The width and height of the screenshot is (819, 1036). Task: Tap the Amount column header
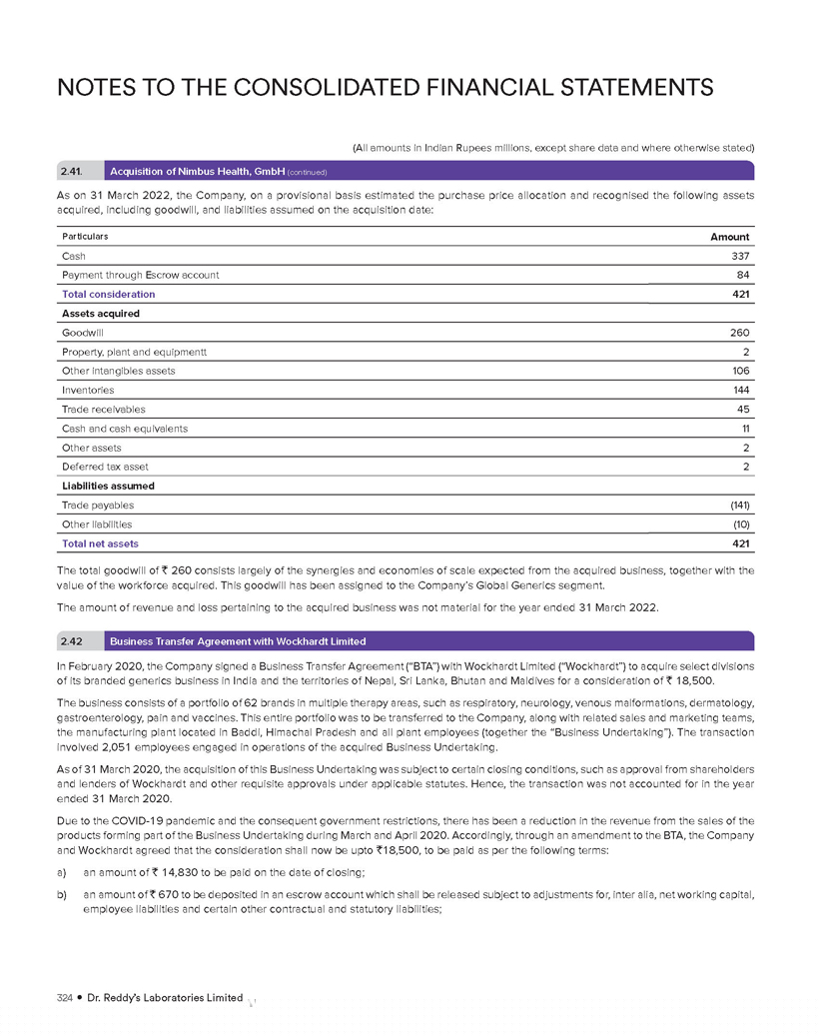point(730,237)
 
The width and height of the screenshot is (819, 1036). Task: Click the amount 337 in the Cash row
point(740,256)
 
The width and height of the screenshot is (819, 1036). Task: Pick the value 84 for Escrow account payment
point(743,275)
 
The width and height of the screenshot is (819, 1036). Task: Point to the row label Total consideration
point(108,295)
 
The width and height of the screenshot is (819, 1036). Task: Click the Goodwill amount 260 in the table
point(739,333)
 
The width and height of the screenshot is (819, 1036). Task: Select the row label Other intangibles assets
point(118,371)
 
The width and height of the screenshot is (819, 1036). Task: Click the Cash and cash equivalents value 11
point(745,429)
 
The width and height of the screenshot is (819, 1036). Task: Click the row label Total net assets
point(100,543)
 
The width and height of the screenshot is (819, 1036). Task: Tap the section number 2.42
point(72,640)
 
